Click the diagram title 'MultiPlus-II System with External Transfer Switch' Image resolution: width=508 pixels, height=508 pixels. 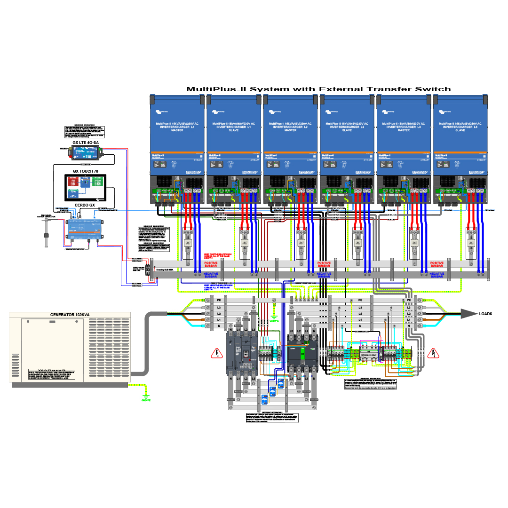318,89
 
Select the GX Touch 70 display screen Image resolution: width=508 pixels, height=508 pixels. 86,187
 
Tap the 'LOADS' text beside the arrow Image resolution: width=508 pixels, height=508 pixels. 485,314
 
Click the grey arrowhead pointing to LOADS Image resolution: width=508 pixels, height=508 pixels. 468,314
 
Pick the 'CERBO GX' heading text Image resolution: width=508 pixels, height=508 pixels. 85,205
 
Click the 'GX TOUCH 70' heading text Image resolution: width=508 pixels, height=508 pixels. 86,171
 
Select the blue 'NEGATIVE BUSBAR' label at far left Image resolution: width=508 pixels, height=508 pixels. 211,275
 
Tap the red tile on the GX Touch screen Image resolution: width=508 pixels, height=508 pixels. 73,183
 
